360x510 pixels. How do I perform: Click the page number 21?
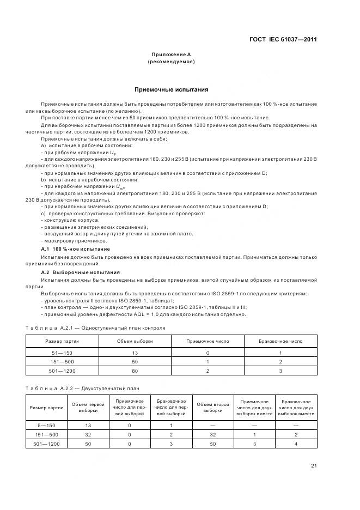click(314, 466)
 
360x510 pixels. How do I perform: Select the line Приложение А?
click(171, 54)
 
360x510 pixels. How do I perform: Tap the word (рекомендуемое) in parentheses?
click(171, 62)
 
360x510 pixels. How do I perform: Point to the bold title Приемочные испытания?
click(171, 89)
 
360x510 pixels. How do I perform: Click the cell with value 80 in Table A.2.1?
click(135, 371)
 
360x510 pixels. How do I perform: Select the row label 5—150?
click(46, 424)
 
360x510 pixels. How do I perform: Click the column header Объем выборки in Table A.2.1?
click(135, 341)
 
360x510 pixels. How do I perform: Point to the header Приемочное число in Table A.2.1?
click(208, 341)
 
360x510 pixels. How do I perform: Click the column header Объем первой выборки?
click(89, 408)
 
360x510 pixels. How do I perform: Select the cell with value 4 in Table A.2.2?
click(296, 444)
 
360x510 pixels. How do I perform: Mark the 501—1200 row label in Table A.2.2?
click(46, 444)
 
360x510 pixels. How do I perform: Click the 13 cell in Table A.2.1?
click(135, 353)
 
